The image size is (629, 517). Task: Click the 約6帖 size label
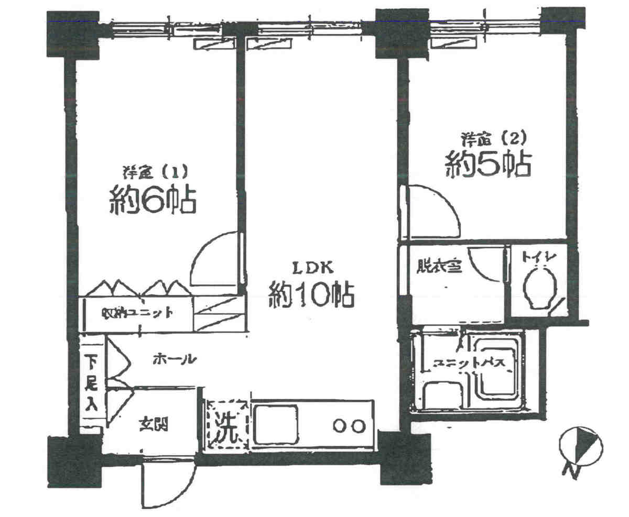point(153,200)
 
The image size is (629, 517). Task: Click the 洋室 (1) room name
point(152,171)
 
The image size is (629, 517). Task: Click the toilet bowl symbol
point(540,289)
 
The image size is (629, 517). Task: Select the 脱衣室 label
point(438,267)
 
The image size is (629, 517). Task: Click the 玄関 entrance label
point(153,424)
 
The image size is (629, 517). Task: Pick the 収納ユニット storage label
point(136,313)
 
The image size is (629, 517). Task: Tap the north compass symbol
point(581,448)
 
